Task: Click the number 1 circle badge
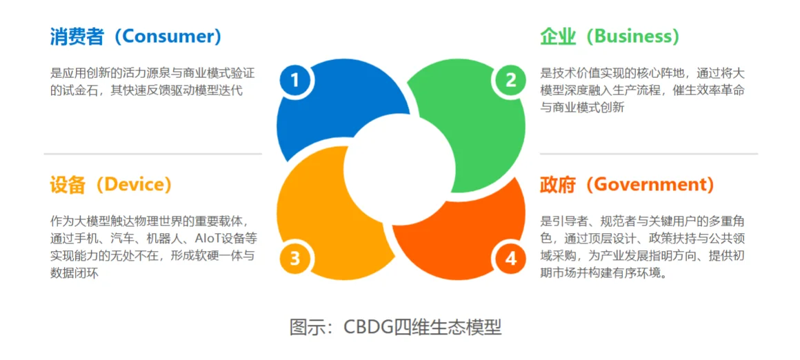pyautogui.click(x=295, y=81)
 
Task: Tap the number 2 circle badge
pyautogui.click(x=510, y=81)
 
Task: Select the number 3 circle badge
pyautogui.click(x=295, y=259)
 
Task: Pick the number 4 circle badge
pyautogui.click(x=510, y=259)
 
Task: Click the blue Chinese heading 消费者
pyautogui.click(x=77, y=37)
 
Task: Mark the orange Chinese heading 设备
pyautogui.click(x=68, y=185)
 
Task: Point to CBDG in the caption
pyautogui.click(x=368, y=327)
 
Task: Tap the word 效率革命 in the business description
pyautogui.click(x=719, y=90)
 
